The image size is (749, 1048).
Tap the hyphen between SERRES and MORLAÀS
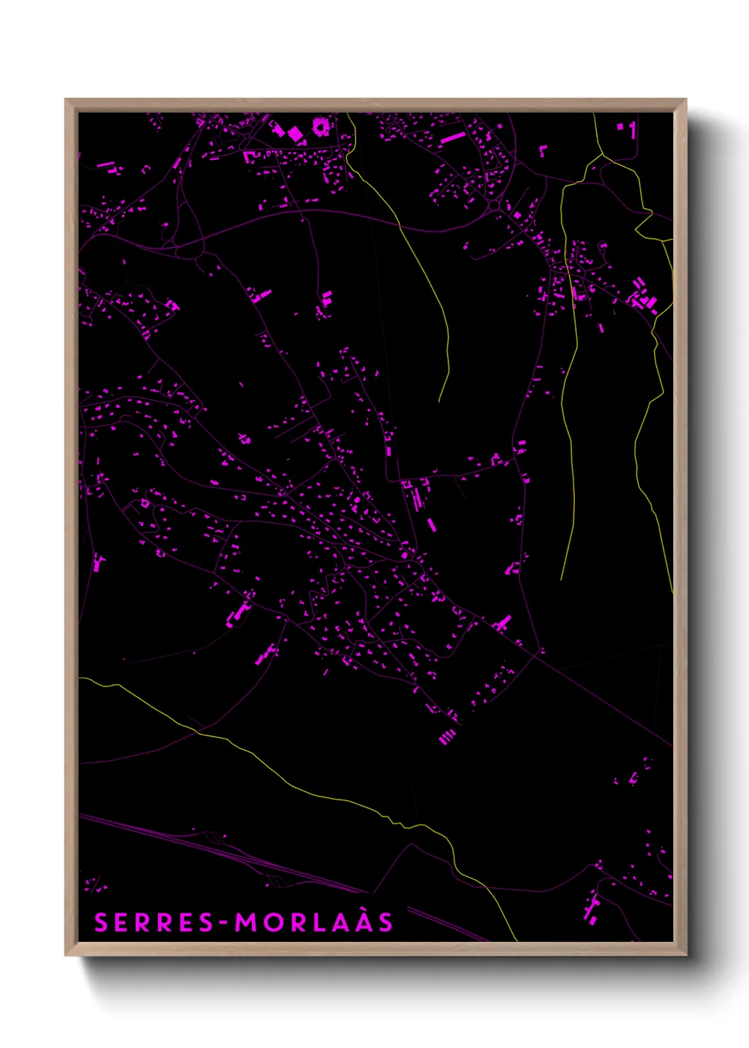click(226, 923)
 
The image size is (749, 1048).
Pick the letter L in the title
click(318, 923)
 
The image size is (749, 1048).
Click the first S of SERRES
click(101, 923)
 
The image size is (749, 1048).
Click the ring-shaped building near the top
click(320, 127)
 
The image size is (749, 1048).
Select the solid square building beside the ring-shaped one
click(295, 133)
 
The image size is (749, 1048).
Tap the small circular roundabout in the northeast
click(493, 206)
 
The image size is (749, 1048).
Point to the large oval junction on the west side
click(189, 249)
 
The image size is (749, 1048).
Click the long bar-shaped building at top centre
click(453, 137)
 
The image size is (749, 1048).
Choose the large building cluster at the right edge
click(643, 297)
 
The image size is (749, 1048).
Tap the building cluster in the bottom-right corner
click(590, 909)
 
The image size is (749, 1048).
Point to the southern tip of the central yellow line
click(440, 401)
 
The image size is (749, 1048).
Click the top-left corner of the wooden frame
click(66, 100)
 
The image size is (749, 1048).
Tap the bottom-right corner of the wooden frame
click(686, 955)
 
